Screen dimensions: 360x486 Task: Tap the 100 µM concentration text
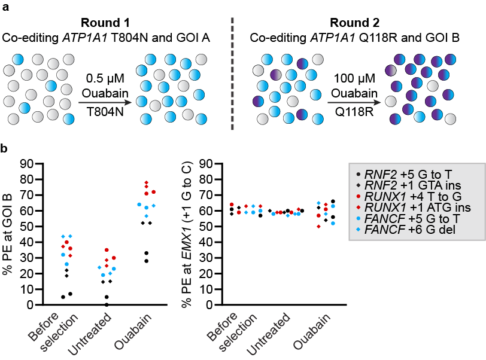click(356, 78)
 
